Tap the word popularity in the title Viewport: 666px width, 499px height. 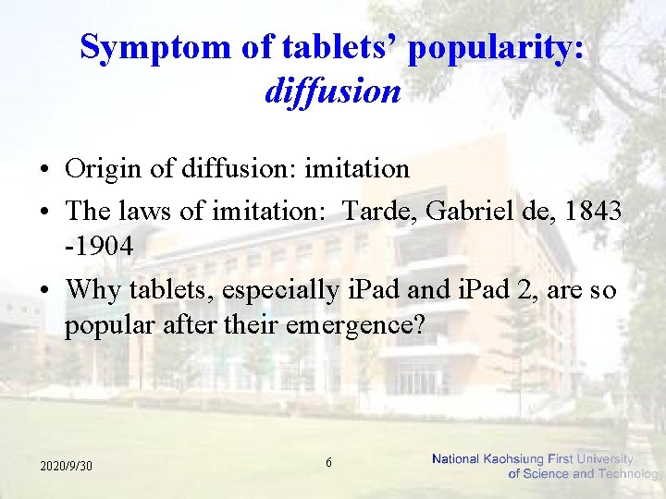(495, 47)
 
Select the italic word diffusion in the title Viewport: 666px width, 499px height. (332, 91)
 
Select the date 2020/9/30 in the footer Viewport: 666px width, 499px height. (66, 466)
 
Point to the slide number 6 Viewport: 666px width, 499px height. (329, 461)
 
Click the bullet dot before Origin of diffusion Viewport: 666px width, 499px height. (44, 170)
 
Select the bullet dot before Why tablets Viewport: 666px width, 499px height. (44, 290)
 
